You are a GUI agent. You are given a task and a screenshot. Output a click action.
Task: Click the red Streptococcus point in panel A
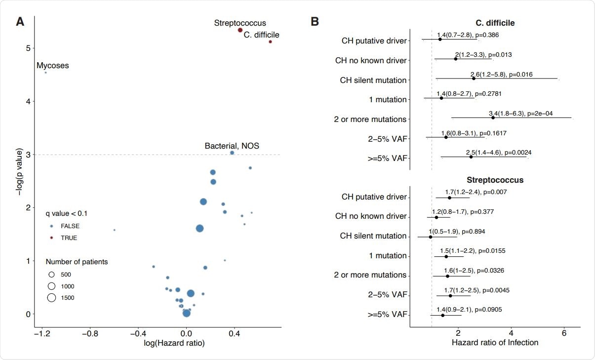[x=240, y=30]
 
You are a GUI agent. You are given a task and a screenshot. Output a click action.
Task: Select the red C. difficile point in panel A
[x=270, y=41]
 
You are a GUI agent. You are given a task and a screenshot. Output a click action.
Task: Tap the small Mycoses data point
[x=45, y=73]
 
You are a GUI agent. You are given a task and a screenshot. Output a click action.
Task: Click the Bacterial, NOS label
[x=232, y=146]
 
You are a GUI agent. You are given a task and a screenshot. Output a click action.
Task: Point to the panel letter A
[x=20, y=22]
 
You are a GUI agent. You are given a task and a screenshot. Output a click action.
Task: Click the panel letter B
[x=314, y=22]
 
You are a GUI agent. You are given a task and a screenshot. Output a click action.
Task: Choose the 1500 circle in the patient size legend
[x=51, y=297]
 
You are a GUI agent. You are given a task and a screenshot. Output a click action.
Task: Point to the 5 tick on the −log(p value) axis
[x=29, y=48]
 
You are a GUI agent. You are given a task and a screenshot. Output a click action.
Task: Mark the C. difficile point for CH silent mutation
[x=474, y=79]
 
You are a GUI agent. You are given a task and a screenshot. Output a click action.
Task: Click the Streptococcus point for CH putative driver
[x=449, y=198]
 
